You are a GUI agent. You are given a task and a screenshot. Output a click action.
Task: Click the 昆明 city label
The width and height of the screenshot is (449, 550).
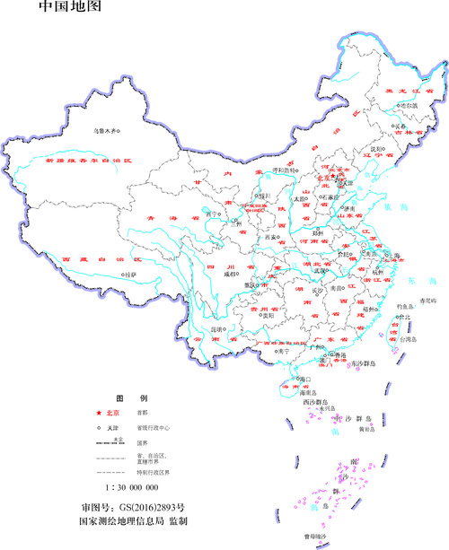216,328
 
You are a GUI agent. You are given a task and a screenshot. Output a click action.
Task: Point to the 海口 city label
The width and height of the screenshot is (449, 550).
305,380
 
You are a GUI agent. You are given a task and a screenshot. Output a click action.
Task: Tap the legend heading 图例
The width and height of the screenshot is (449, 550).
124,397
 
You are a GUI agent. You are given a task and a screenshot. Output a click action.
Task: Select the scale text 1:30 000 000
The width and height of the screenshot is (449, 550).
132,486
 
